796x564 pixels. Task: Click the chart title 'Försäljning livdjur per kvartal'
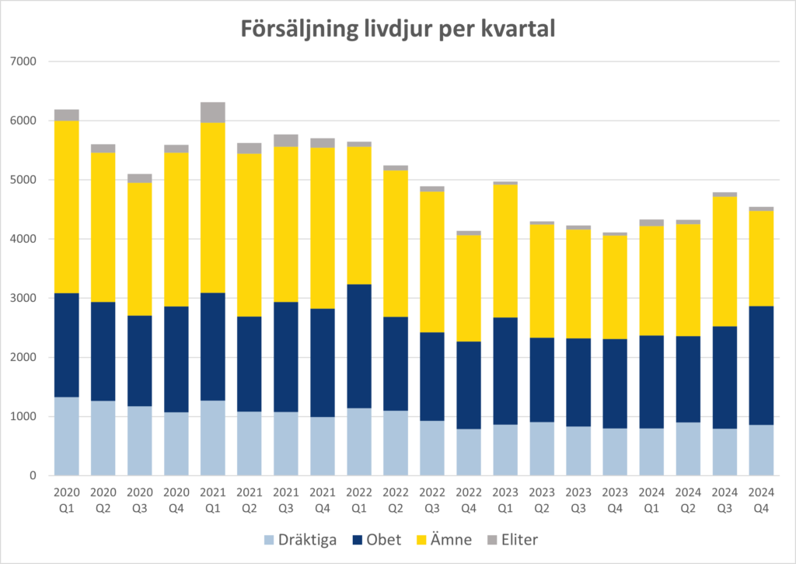pyautogui.click(x=398, y=30)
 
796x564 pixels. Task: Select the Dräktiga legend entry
pyautogui.click(x=300, y=539)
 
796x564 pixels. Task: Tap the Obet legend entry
pyautogui.click(x=375, y=539)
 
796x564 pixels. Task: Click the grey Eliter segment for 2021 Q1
pyautogui.click(x=212, y=112)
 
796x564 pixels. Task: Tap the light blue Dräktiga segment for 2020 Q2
pyautogui.click(x=103, y=438)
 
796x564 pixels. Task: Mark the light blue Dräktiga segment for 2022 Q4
pyautogui.click(x=469, y=452)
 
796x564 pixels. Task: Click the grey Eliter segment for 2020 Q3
pyautogui.click(x=139, y=178)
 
